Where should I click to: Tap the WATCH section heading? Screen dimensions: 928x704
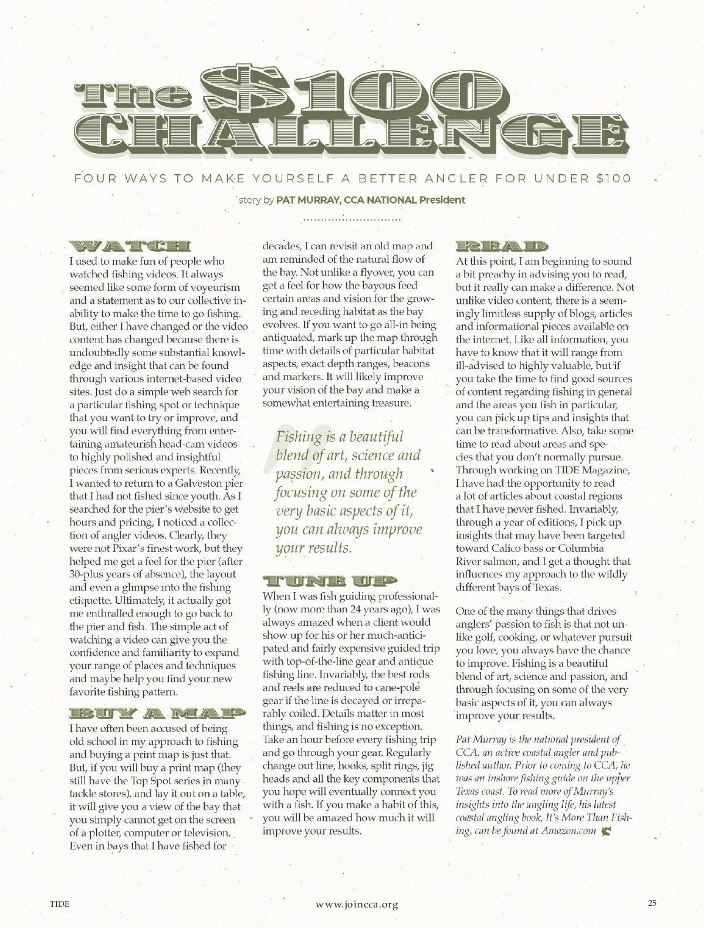click(130, 248)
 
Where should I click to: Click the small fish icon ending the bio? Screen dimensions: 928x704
click(606, 831)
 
